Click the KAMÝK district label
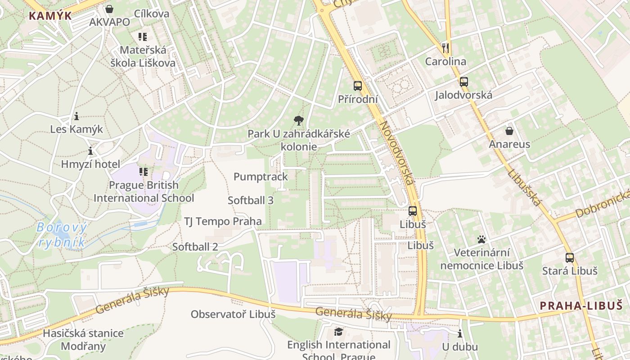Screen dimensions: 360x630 coord(50,16)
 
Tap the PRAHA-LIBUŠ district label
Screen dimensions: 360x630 coord(581,306)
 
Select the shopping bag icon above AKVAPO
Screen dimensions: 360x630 coord(109,9)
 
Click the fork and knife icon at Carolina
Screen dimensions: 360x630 coord(445,48)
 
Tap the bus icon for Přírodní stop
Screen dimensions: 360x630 coord(358,85)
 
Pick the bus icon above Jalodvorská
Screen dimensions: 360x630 coord(463,82)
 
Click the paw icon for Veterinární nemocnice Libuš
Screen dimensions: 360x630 coord(481,239)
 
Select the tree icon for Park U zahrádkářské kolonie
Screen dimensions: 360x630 coord(298,120)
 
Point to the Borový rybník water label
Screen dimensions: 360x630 coord(62,235)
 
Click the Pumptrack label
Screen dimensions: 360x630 coord(261,177)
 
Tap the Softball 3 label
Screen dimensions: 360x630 coord(251,201)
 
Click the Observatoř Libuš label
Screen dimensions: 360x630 coord(233,314)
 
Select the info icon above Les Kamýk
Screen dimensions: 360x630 coord(76,117)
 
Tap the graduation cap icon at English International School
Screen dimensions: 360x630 coord(338,332)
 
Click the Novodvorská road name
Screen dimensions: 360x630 coord(396,153)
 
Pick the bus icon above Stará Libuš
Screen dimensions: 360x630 coord(570,258)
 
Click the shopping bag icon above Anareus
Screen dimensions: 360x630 coord(509,131)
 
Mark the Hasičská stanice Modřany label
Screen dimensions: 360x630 coord(83,340)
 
